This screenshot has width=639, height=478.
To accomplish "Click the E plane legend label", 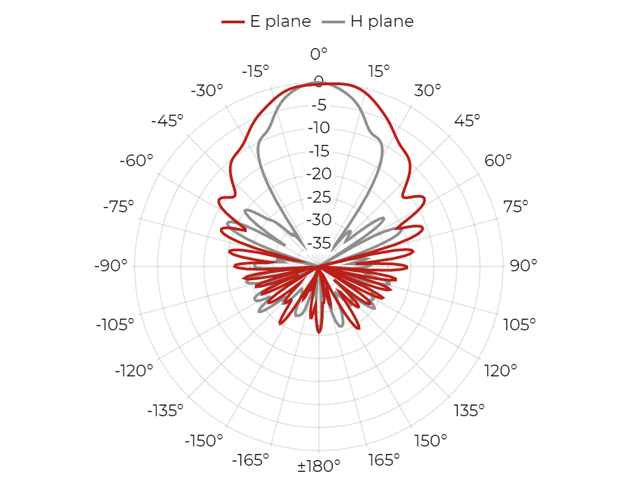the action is pyautogui.click(x=280, y=21).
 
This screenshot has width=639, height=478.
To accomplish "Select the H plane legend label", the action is pyautogui.click(x=382, y=21).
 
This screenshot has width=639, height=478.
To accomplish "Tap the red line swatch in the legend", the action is pyautogui.click(x=233, y=22).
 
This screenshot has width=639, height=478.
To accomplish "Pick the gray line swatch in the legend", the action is pyautogui.click(x=333, y=22).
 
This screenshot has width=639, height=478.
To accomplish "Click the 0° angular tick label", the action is pyautogui.click(x=319, y=54).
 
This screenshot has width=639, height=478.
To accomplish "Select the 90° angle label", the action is pyautogui.click(x=524, y=265).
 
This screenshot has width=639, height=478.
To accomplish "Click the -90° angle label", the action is pyautogui.click(x=111, y=265).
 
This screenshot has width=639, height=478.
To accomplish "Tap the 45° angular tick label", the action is pyautogui.click(x=467, y=120).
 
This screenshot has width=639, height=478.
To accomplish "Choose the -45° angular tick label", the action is pyautogui.click(x=167, y=120).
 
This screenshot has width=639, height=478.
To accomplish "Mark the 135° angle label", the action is pyautogui.click(x=469, y=410).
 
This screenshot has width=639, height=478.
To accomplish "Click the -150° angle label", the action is pyautogui.click(x=204, y=440).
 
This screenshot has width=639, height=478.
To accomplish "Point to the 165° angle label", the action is pyautogui.click(x=384, y=460).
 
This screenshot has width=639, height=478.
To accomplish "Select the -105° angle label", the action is pyautogui.click(x=115, y=325).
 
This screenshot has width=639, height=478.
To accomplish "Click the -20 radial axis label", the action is pyautogui.click(x=319, y=174).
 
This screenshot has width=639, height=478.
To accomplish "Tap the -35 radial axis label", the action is pyautogui.click(x=319, y=243).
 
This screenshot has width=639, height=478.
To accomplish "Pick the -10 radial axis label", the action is pyautogui.click(x=319, y=128).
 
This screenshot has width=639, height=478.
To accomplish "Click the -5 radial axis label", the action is pyautogui.click(x=319, y=105).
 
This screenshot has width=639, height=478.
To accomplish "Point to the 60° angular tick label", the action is pyautogui.click(x=498, y=160).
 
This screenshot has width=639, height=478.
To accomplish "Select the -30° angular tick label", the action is pyautogui.click(x=207, y=90).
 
